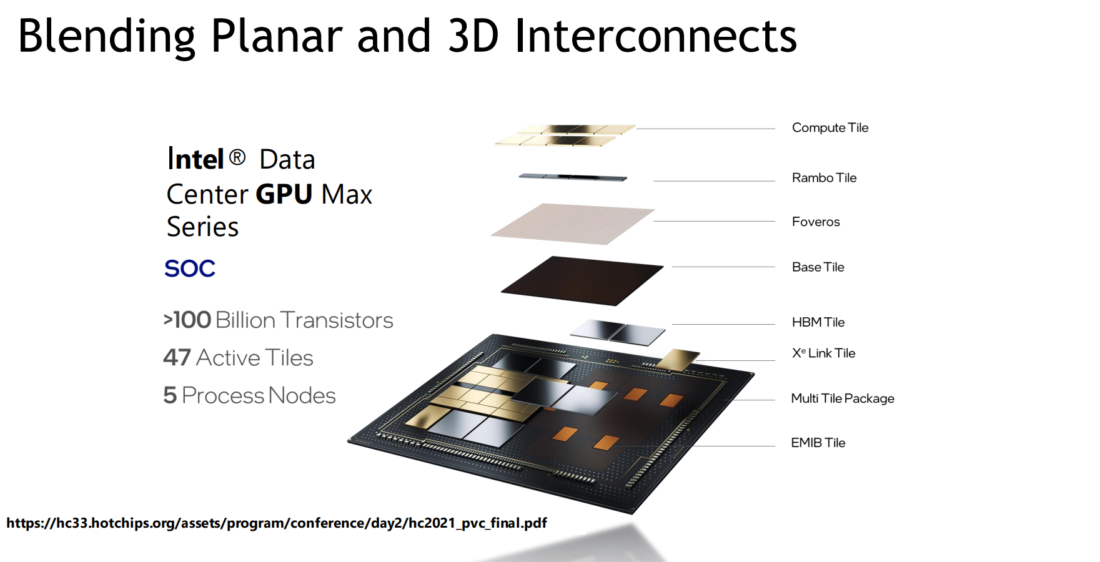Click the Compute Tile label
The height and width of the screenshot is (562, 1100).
[830, 127]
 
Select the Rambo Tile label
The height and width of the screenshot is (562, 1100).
[824, 177]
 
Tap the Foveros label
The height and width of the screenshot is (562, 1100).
[816, 222]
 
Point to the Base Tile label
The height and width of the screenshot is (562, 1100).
[818, 267]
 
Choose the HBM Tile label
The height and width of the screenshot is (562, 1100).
[818, 322]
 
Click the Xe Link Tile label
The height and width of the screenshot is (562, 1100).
[823, 353]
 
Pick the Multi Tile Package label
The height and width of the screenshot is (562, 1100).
[843, 398]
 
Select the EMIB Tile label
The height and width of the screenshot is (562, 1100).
[818, 443]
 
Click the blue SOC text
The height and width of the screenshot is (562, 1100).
[190, 269]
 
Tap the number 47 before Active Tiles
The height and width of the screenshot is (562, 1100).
[177, 358]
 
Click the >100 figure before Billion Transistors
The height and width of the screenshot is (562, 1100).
[187, 320]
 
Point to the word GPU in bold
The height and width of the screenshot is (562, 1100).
[284, 194]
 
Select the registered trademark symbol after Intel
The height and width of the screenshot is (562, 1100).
[237, 157]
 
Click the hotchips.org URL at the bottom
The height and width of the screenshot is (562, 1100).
[277, 523]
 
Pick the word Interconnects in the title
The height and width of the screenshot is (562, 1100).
[656, 36]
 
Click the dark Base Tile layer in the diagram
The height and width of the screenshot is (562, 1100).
[582, 280]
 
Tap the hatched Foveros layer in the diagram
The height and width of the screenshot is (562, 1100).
[573, 224]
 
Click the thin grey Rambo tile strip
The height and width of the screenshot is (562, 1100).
[573, 177]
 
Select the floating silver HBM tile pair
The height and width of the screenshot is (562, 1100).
[618, 332]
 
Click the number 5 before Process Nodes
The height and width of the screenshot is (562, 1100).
[170, 395]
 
